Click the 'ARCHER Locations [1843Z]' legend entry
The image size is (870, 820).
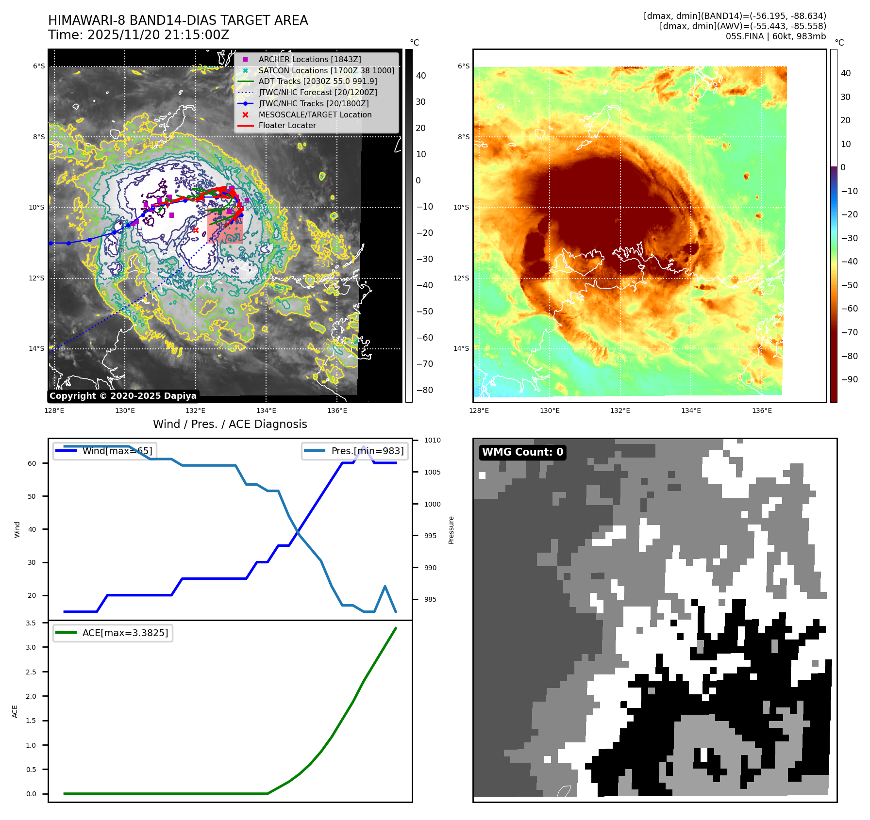point(309,59)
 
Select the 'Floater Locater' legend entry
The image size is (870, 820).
point(287,126)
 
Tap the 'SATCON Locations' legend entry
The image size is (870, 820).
point(326,70)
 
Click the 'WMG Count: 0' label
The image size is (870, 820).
point(522,452)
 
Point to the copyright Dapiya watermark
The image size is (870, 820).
point(123,396)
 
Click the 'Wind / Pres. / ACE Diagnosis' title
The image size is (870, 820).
point(230,424)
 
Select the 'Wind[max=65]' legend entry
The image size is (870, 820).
point(117,451)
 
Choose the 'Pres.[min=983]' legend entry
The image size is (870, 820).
point(367,451)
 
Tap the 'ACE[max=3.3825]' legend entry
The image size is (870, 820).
point(125,633)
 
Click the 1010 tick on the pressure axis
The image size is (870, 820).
point(432,441)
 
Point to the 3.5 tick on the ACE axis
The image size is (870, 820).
point(31,623)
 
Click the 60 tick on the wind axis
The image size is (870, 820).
point(32,463)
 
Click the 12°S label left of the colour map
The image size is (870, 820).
point(461,279)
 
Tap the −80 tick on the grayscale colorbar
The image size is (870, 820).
point(424,390)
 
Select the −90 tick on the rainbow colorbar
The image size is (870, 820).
point(849,379)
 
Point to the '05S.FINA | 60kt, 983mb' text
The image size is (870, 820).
point(775,36)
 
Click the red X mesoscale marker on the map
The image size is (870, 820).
point(196,230)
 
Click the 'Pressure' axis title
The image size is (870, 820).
point(452,530)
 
